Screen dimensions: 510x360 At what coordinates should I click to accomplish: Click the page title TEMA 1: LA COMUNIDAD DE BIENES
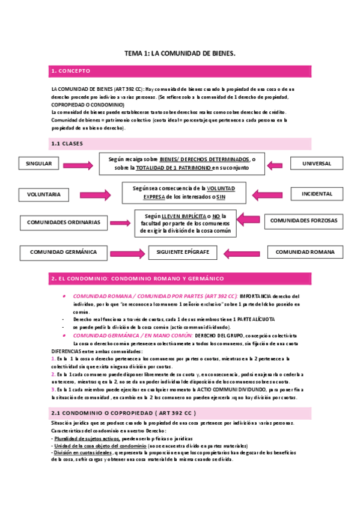coord(180,54)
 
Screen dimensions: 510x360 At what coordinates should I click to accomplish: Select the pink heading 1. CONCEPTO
coord(71,71)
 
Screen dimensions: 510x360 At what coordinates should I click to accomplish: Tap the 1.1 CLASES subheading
coord(67,143)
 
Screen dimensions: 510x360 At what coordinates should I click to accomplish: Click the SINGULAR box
coord(39,164)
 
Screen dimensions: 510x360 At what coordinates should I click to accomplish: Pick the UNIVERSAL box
coord(317,164)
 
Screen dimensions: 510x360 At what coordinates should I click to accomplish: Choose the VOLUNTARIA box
coord(44,194)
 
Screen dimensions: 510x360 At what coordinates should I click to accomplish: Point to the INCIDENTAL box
coord(317,194)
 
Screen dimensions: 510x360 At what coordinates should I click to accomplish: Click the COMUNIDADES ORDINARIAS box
coord(64,222)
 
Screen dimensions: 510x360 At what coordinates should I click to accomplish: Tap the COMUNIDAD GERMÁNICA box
coord(64,252)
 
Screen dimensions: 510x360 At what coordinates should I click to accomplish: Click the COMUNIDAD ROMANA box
coord(305,252)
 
